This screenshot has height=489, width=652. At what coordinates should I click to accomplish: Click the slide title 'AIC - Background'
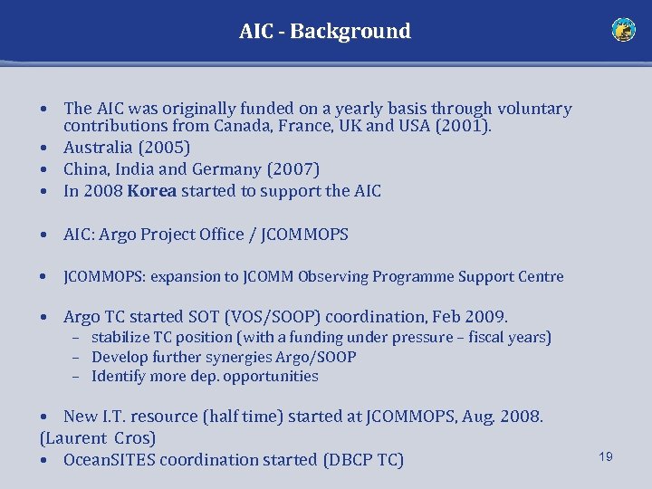324,31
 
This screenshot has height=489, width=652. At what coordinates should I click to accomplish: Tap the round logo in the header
623,30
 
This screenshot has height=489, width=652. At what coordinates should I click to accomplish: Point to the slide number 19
605,456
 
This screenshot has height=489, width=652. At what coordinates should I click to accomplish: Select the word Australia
97,148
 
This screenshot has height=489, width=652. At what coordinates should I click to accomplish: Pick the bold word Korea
152,191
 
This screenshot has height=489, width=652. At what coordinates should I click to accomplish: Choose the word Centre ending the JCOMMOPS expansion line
541,277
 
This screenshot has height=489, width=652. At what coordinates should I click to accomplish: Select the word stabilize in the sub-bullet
122,338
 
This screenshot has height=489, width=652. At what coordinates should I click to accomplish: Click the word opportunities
271,377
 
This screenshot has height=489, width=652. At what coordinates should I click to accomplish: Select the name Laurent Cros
98,438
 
